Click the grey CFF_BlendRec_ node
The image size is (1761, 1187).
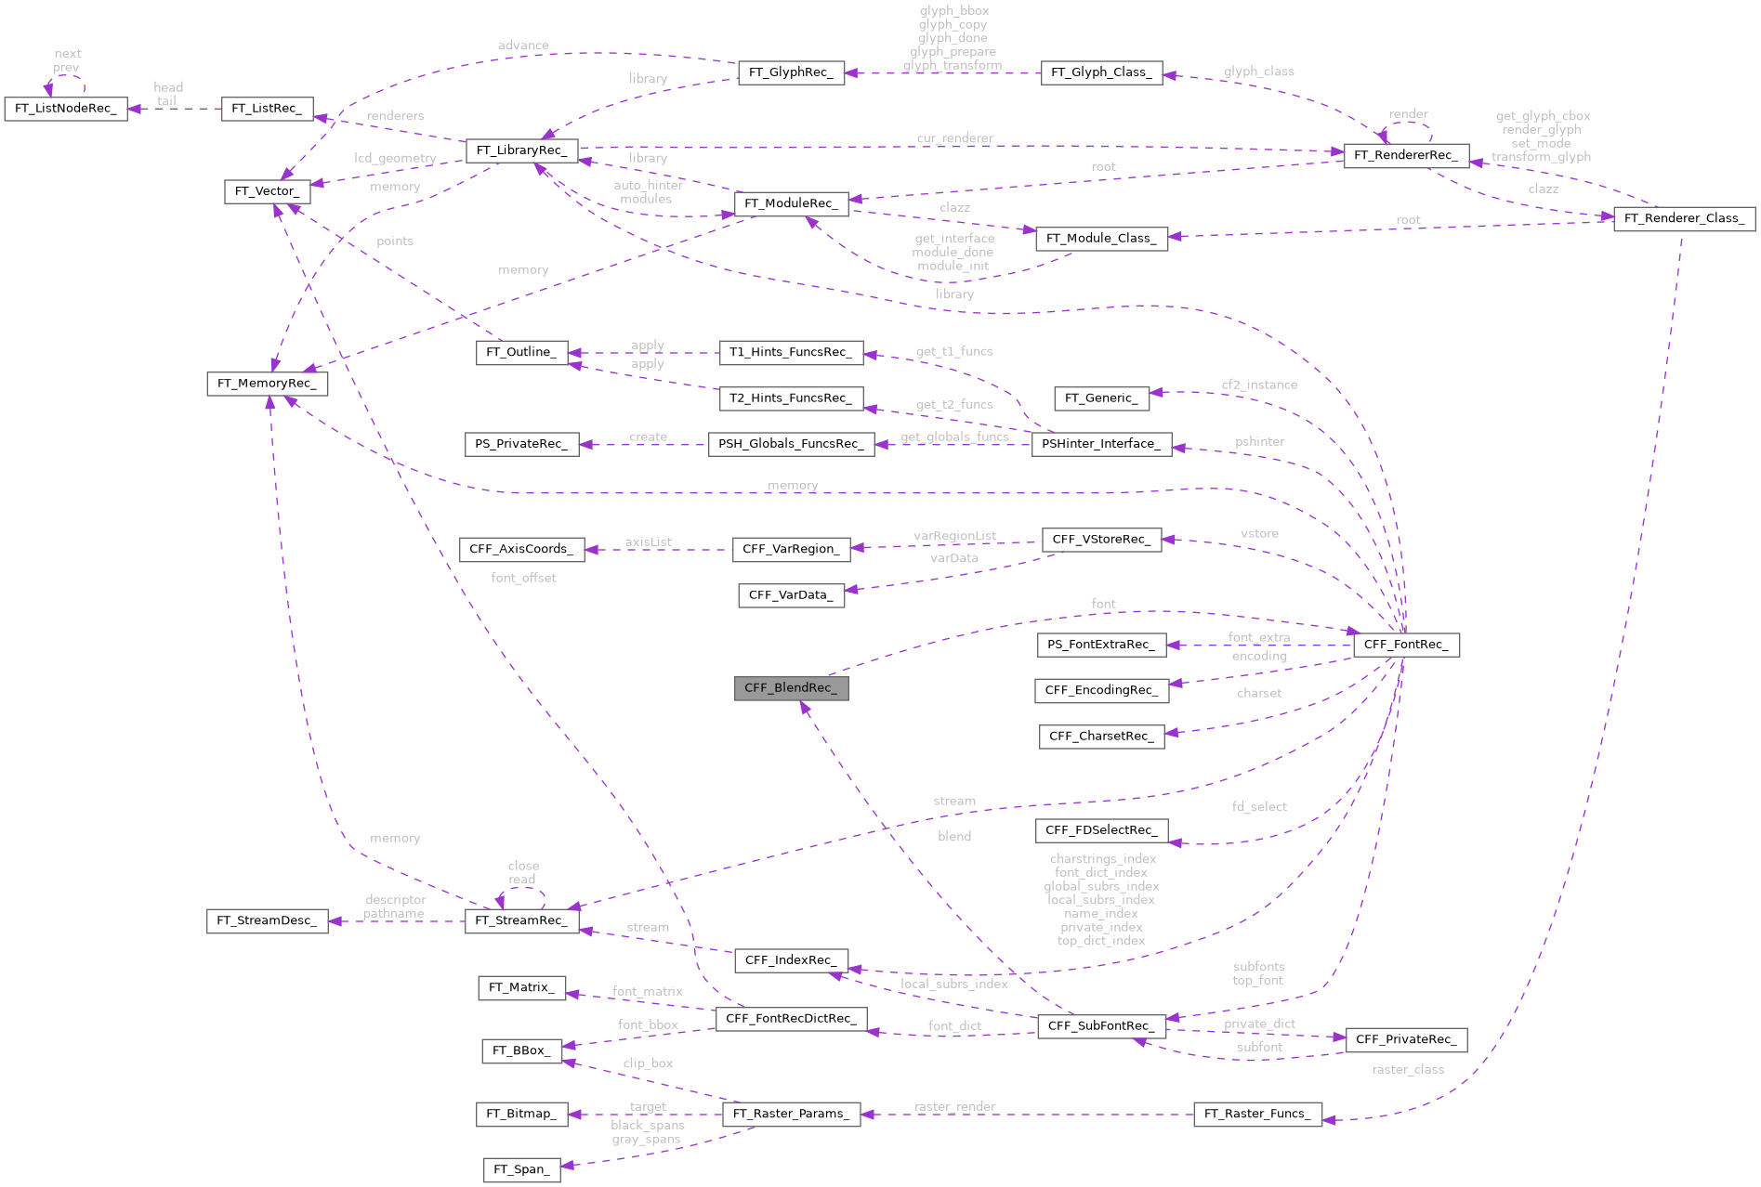click(791, 688)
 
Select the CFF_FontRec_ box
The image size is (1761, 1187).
click(1406, 645)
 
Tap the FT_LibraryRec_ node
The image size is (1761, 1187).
click(521, 150)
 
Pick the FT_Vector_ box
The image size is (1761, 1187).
click(267, 191)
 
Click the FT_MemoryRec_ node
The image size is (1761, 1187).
click(267, 383)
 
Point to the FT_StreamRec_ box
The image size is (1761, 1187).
click(521, 920)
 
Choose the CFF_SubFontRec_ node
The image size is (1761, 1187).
click(1101, 1026)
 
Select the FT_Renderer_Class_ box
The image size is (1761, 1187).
click(1684, 218)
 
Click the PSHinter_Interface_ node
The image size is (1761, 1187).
click(1101, 444)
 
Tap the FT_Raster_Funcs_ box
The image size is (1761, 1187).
click(1256, 1114)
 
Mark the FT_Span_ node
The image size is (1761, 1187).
click(521, 1169)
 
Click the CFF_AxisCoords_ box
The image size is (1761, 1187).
click(521, 549)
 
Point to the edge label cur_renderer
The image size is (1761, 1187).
click(954, 138)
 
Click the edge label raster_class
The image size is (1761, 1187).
click(1407, 1070)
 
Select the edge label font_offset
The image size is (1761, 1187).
click(523, 578)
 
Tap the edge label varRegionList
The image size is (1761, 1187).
click(954, 536)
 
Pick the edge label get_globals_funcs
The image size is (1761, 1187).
click(954, 437)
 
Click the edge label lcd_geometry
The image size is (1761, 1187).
click(395, 158)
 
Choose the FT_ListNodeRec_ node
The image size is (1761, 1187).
click(66, 109)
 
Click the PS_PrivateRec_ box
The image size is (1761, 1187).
click(521, 444)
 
